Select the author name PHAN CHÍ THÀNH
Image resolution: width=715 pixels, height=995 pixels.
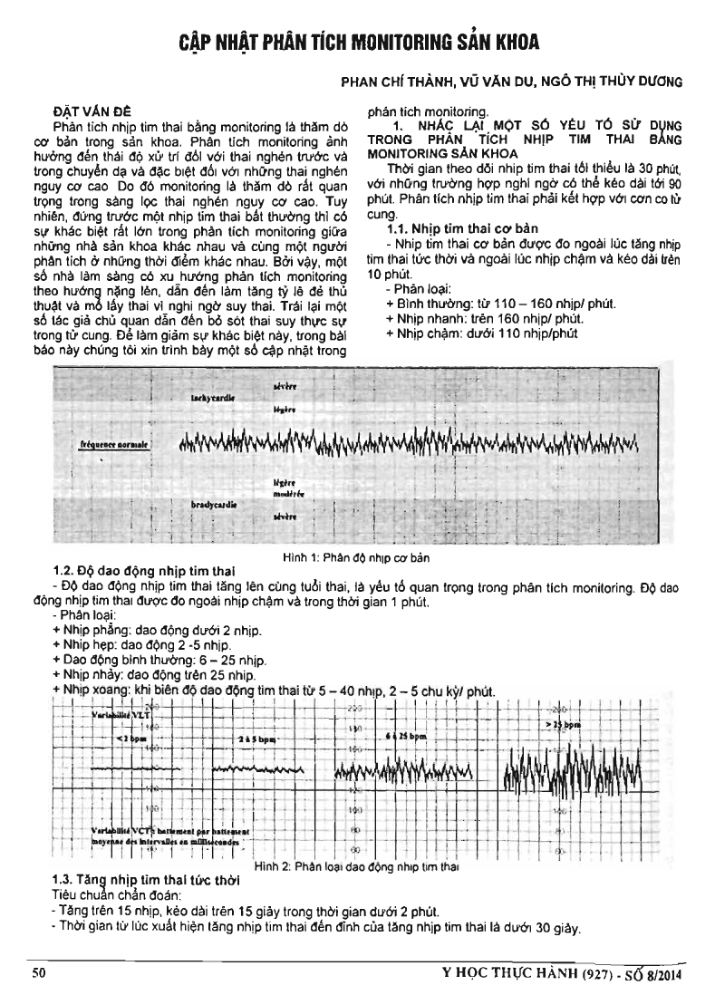(391, 82)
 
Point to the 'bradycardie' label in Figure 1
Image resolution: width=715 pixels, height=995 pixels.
(213, 502)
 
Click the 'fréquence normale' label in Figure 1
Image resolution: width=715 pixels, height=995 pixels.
(114, 446)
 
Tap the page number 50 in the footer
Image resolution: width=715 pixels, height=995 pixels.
(39, 974)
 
